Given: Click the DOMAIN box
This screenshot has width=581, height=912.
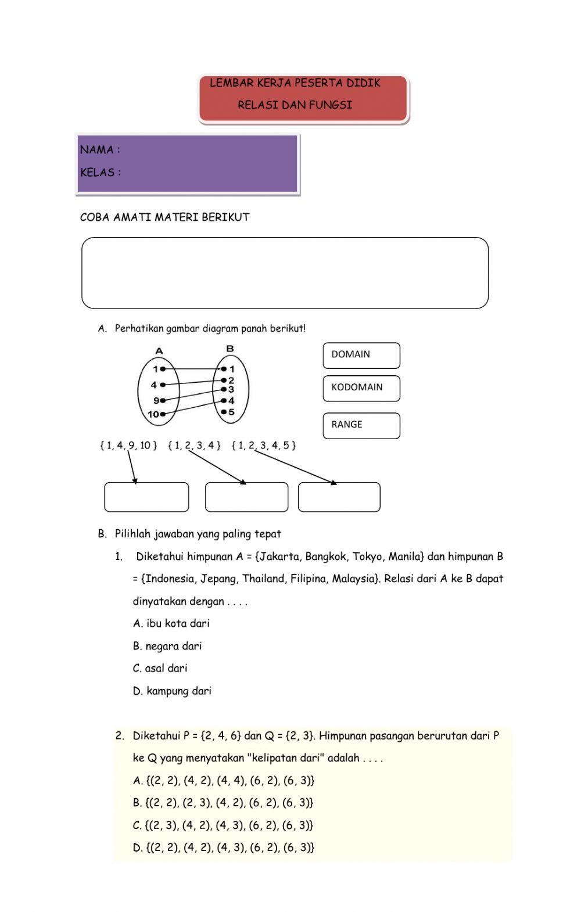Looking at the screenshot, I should point(361,355).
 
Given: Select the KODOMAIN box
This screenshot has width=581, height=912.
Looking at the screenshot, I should point(361,388).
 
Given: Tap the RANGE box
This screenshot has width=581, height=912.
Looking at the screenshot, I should point(361,425).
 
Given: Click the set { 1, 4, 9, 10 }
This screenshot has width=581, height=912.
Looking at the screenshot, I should point(128,446).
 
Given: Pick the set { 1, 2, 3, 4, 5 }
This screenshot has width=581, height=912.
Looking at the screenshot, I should point(264,446).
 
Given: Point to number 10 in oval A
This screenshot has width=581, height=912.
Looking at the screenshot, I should point(153,414).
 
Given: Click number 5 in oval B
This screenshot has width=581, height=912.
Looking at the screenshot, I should point(231,412).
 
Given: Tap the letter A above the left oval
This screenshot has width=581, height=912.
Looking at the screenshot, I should point(159,350).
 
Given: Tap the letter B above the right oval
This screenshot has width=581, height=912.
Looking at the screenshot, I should point(230,349).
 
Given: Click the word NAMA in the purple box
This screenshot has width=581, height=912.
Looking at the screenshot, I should point(96,150).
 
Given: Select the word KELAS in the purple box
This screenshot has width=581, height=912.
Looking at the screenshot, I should point(97,173).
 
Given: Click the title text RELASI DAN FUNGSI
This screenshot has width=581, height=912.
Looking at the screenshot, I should point(295,105).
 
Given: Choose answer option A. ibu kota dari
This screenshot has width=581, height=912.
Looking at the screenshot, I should point(171,623).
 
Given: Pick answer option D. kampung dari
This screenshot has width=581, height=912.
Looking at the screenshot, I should point(172,691).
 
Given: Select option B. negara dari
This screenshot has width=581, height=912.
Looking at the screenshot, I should point(167,646).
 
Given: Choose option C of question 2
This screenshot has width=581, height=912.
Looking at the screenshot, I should point(223,825).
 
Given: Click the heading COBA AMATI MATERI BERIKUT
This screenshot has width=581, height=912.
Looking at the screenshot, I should point(164,217).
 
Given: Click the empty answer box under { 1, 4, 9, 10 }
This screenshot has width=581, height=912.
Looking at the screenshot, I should point(146,497).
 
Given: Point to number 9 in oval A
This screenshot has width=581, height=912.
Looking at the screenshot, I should point(156,400).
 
